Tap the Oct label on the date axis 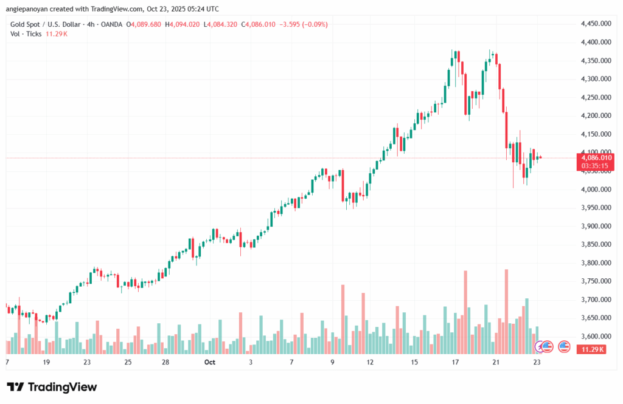(x=210, y=362)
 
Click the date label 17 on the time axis (x=454, y=362)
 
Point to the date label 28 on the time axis (x=165, y=362)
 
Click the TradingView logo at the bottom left (x=52, y=387)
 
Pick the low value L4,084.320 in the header (x=222, y=24)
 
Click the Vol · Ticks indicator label (x=26, y=34)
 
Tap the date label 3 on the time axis (x=251, y=362)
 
